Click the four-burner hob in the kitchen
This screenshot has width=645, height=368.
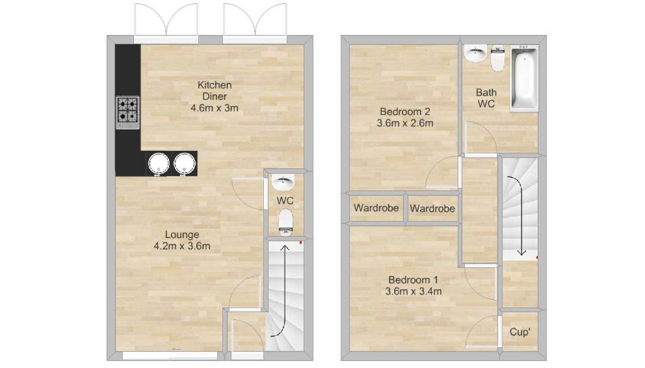(127, 112)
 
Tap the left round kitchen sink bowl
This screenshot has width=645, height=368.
(159, 164)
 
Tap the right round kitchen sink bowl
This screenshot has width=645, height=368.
(184, 164)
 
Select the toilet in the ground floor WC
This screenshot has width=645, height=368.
(285, 222)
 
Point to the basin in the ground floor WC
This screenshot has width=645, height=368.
(283, 182)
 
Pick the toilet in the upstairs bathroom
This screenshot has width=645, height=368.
(498, 59)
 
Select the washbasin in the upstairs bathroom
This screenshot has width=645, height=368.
(476, 53)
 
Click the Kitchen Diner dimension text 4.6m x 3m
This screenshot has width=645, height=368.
(215, 108)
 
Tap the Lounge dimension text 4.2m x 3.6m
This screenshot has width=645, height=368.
(182, 246)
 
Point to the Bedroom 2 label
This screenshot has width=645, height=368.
(405, 111)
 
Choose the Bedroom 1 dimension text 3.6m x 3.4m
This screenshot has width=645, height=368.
(414, 291)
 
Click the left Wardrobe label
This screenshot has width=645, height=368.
(376, 208)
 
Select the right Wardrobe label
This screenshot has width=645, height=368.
(432, 209)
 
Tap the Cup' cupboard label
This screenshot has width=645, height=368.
(520, 332)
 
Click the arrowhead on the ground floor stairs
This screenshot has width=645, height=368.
(285, 248)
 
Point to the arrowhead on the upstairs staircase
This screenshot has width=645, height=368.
(521, 252)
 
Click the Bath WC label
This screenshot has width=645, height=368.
(486, 98)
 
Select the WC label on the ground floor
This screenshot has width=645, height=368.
(285, 201)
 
